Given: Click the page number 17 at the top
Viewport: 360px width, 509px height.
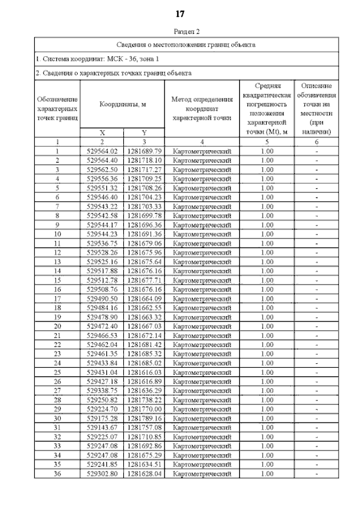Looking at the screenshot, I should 180,13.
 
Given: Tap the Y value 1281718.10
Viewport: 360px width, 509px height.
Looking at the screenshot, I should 144,160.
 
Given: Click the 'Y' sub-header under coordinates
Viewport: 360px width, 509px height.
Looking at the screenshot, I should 144,133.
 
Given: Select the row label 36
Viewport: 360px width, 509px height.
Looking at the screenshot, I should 57,474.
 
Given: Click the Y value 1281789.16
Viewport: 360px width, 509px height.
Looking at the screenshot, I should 144,418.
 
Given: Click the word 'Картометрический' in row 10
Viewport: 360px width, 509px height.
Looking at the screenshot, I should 202,234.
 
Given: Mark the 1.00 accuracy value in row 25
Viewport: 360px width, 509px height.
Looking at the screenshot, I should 268,372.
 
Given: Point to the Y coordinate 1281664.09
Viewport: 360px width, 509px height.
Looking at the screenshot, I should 144,299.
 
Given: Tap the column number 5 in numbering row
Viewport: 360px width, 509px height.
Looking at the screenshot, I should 268,142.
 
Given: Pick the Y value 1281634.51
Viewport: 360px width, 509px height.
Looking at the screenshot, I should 144,465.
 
